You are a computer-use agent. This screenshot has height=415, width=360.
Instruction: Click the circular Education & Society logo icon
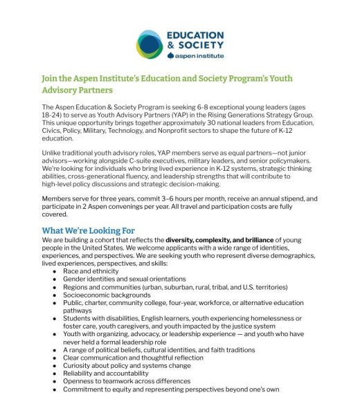pos(153,46)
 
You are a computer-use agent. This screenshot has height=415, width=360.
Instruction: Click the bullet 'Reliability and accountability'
pos(107,373)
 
